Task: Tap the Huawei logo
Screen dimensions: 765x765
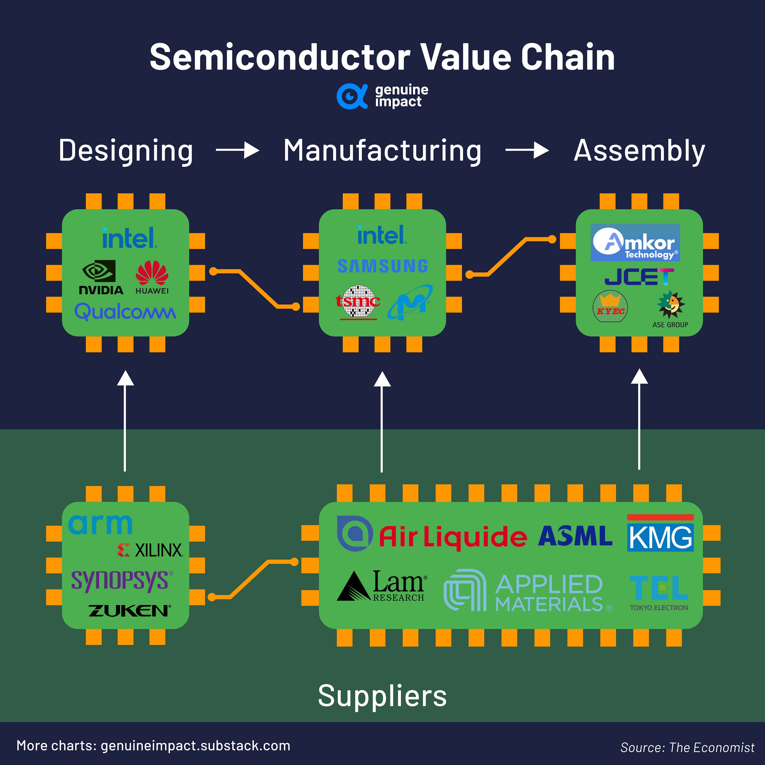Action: [x=152, y=277]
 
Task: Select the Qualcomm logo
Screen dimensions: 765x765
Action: [x=125, y=311]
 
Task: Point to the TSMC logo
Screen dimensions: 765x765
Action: [x=358, y=302]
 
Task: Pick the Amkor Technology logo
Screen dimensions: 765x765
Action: [x=635, y=242]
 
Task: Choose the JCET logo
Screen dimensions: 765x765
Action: [x=639, y=277]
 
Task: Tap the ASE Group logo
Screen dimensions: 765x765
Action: [x=670, y=309]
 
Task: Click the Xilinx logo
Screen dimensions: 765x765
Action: [x=151, y=550]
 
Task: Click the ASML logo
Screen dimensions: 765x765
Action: [x=575, y=536]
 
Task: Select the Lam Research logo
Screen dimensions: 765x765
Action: [x=382, y=586]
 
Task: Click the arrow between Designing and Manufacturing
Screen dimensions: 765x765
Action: [x=237, y=151]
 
